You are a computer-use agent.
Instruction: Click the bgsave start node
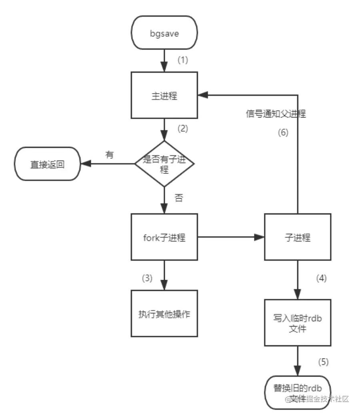[x=164, y=33]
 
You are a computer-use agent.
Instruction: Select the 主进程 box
[x=164, y=95]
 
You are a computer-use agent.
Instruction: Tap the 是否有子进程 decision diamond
[x=164, y=163]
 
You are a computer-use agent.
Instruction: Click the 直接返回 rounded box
[x=47, y=164]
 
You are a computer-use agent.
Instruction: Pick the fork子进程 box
[x=164, y=237]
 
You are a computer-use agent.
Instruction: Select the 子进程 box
[x=297, y=237]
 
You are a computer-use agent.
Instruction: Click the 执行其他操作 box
[x=164, y=313]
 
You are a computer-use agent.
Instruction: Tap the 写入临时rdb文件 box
[x=297, y=323]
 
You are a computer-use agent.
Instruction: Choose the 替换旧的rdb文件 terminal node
[x=297, y=393]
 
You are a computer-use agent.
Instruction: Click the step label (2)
[x=182, y=129]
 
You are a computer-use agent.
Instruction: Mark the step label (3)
[x=147, y=279]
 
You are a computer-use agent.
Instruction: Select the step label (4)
[x=321, y=279]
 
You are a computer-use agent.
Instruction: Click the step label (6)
[x=283, y=133]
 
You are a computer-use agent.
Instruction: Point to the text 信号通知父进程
[x=276, y=114]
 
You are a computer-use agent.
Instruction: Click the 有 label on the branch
[x=109, y=154]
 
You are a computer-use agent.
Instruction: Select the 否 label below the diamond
[x=179, y=198]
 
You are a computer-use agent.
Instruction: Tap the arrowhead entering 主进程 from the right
[x=203, y=95]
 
